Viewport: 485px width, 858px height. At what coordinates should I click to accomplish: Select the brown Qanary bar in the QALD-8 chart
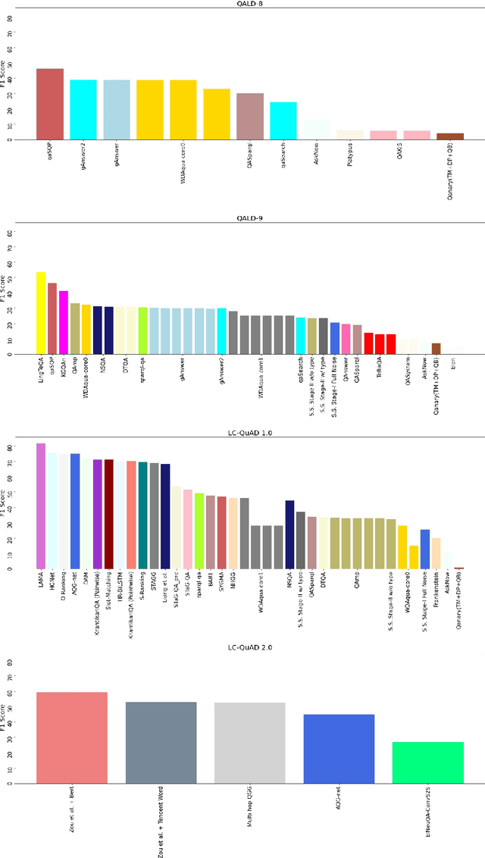[449, 136]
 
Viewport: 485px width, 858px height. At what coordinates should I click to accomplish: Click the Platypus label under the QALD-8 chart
[350, 155]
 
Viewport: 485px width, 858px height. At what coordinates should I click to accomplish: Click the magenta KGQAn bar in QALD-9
[64, 322]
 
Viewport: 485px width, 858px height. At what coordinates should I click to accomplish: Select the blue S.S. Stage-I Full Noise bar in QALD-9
[335, 338]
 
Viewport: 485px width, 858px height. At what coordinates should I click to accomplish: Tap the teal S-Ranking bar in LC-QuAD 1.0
[142, 515]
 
